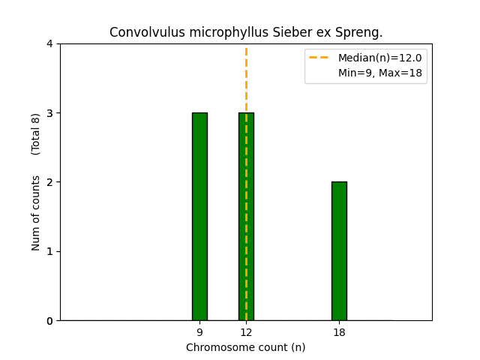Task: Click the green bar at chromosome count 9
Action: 199,217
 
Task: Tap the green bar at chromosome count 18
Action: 339,251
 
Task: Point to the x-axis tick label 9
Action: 199,332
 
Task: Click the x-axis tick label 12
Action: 246,332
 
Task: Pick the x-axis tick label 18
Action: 339,332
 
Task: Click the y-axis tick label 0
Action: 49,321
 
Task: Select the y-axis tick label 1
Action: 49,251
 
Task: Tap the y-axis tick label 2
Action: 49,182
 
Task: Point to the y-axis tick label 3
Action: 49,113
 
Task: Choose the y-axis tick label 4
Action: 49,44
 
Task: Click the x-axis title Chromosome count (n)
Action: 246,347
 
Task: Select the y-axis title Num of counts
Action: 36,213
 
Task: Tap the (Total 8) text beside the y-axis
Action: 36,134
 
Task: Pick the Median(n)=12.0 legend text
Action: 379,58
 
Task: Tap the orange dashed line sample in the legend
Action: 320,58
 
